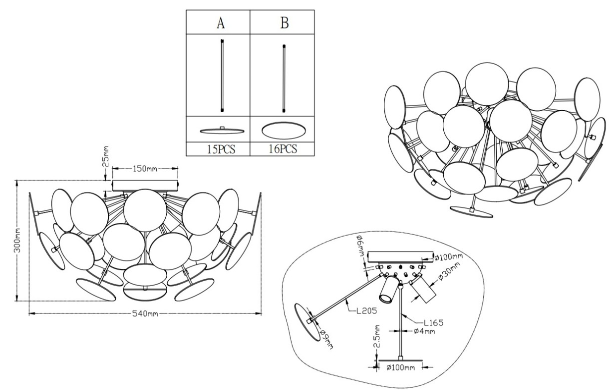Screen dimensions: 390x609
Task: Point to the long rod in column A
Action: click(222, 75)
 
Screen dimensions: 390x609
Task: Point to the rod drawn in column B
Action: click(285, 78)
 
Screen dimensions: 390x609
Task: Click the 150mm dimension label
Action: click(145, 169)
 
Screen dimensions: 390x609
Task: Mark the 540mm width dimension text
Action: click(145, 313)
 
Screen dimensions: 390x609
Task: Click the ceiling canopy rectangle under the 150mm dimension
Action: click(145, 186)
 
